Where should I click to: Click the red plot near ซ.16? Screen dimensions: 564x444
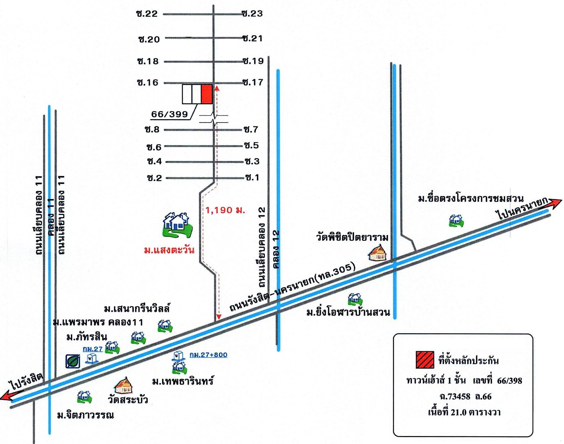(x=207, y=94)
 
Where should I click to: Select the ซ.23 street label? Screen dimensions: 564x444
(x=252, y=13)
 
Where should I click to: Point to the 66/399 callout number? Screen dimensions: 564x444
(x=170, y=114)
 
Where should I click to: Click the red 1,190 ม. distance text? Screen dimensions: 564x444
(x=225, y=210)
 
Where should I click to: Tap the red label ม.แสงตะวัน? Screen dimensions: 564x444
(x=169, y=251)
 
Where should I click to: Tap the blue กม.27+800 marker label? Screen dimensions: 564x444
(x=208, y=355)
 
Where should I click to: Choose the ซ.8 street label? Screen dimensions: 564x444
(x=153, y=130)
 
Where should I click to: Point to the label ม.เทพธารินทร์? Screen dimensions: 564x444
(x=183, y=381)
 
